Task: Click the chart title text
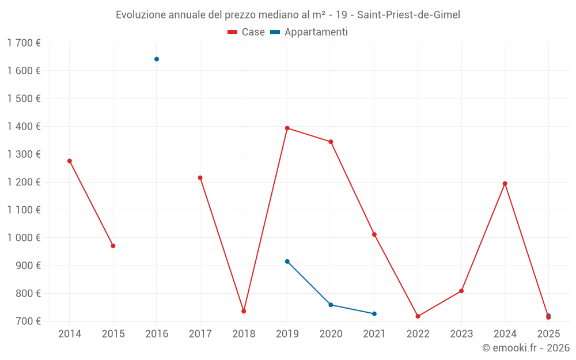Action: (x=287, y=15)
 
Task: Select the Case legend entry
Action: (x=246, y=32)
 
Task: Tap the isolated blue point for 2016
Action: (x=157, y=59)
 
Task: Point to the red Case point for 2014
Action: (x=70, y=161)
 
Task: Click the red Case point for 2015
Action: (x=113, y=246)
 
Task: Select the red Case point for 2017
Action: (x=200, y=178)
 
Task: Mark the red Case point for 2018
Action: (x=244, y=311)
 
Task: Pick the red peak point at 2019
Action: (x=287, y=128)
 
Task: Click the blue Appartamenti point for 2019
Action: (x=287, y=262)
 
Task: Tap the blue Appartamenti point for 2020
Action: (x=331, y=305)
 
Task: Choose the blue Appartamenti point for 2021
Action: (x=374, y=314)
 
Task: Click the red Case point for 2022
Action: (x=418, y=316)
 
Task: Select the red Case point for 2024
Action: (x=505, y=184)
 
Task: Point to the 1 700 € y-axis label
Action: (x=24, y=43)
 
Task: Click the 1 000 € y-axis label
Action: (x=24, y=238)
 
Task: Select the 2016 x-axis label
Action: (x=157, y=334)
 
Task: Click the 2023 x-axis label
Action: (x=461, y=334)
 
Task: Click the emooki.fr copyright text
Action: (x=525, y=348)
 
